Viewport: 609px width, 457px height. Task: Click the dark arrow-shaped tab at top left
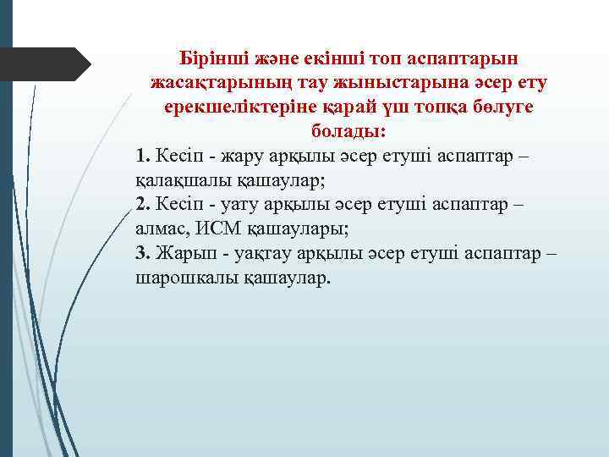[51, 64]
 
